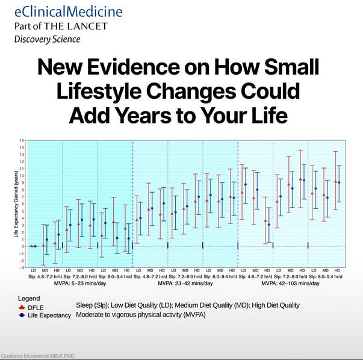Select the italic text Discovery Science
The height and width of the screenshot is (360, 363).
click(48, 40)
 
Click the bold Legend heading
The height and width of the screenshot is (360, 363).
click(29, 298)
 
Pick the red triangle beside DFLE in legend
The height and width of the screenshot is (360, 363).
click(23, 306)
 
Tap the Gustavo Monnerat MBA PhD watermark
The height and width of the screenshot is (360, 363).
click(34, 355)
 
